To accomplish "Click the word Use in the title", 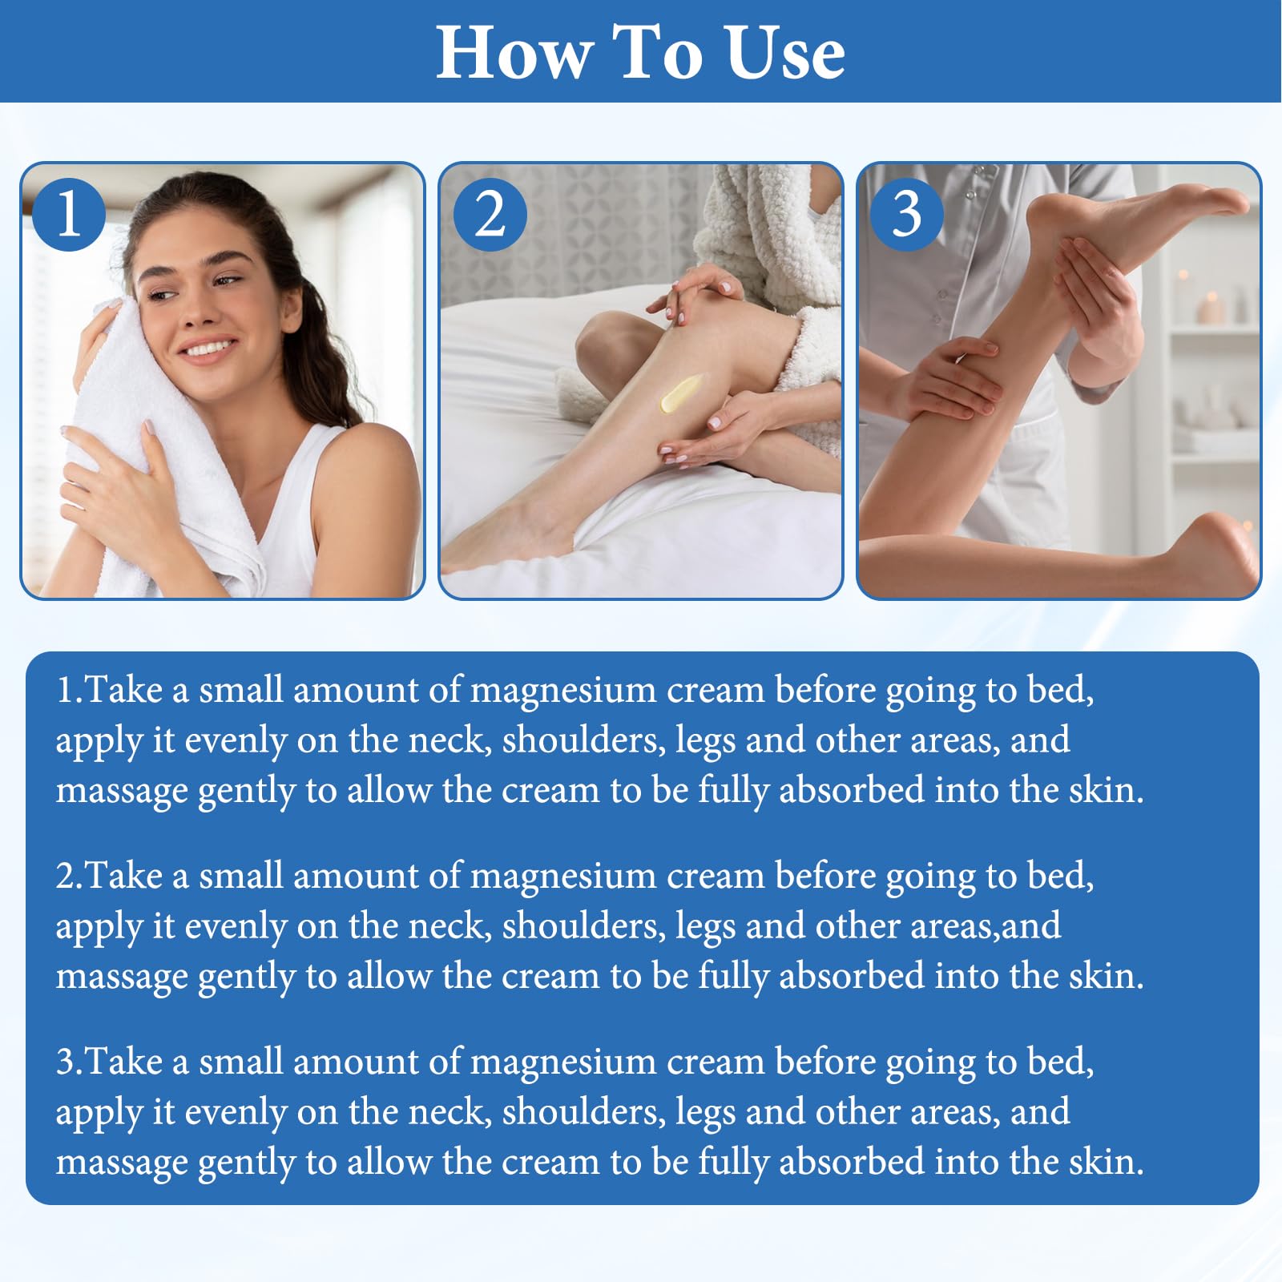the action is pyautogui.click(x=786, y=52).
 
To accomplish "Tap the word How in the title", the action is pyautogui.click(x=514, y=52).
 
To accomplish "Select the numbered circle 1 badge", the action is pyautogui.click(x=69, y=214).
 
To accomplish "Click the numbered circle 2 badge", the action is pyautogui.click(x=490, y=214).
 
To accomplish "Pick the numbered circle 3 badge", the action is pyautogui.click(x=906, y=214).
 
